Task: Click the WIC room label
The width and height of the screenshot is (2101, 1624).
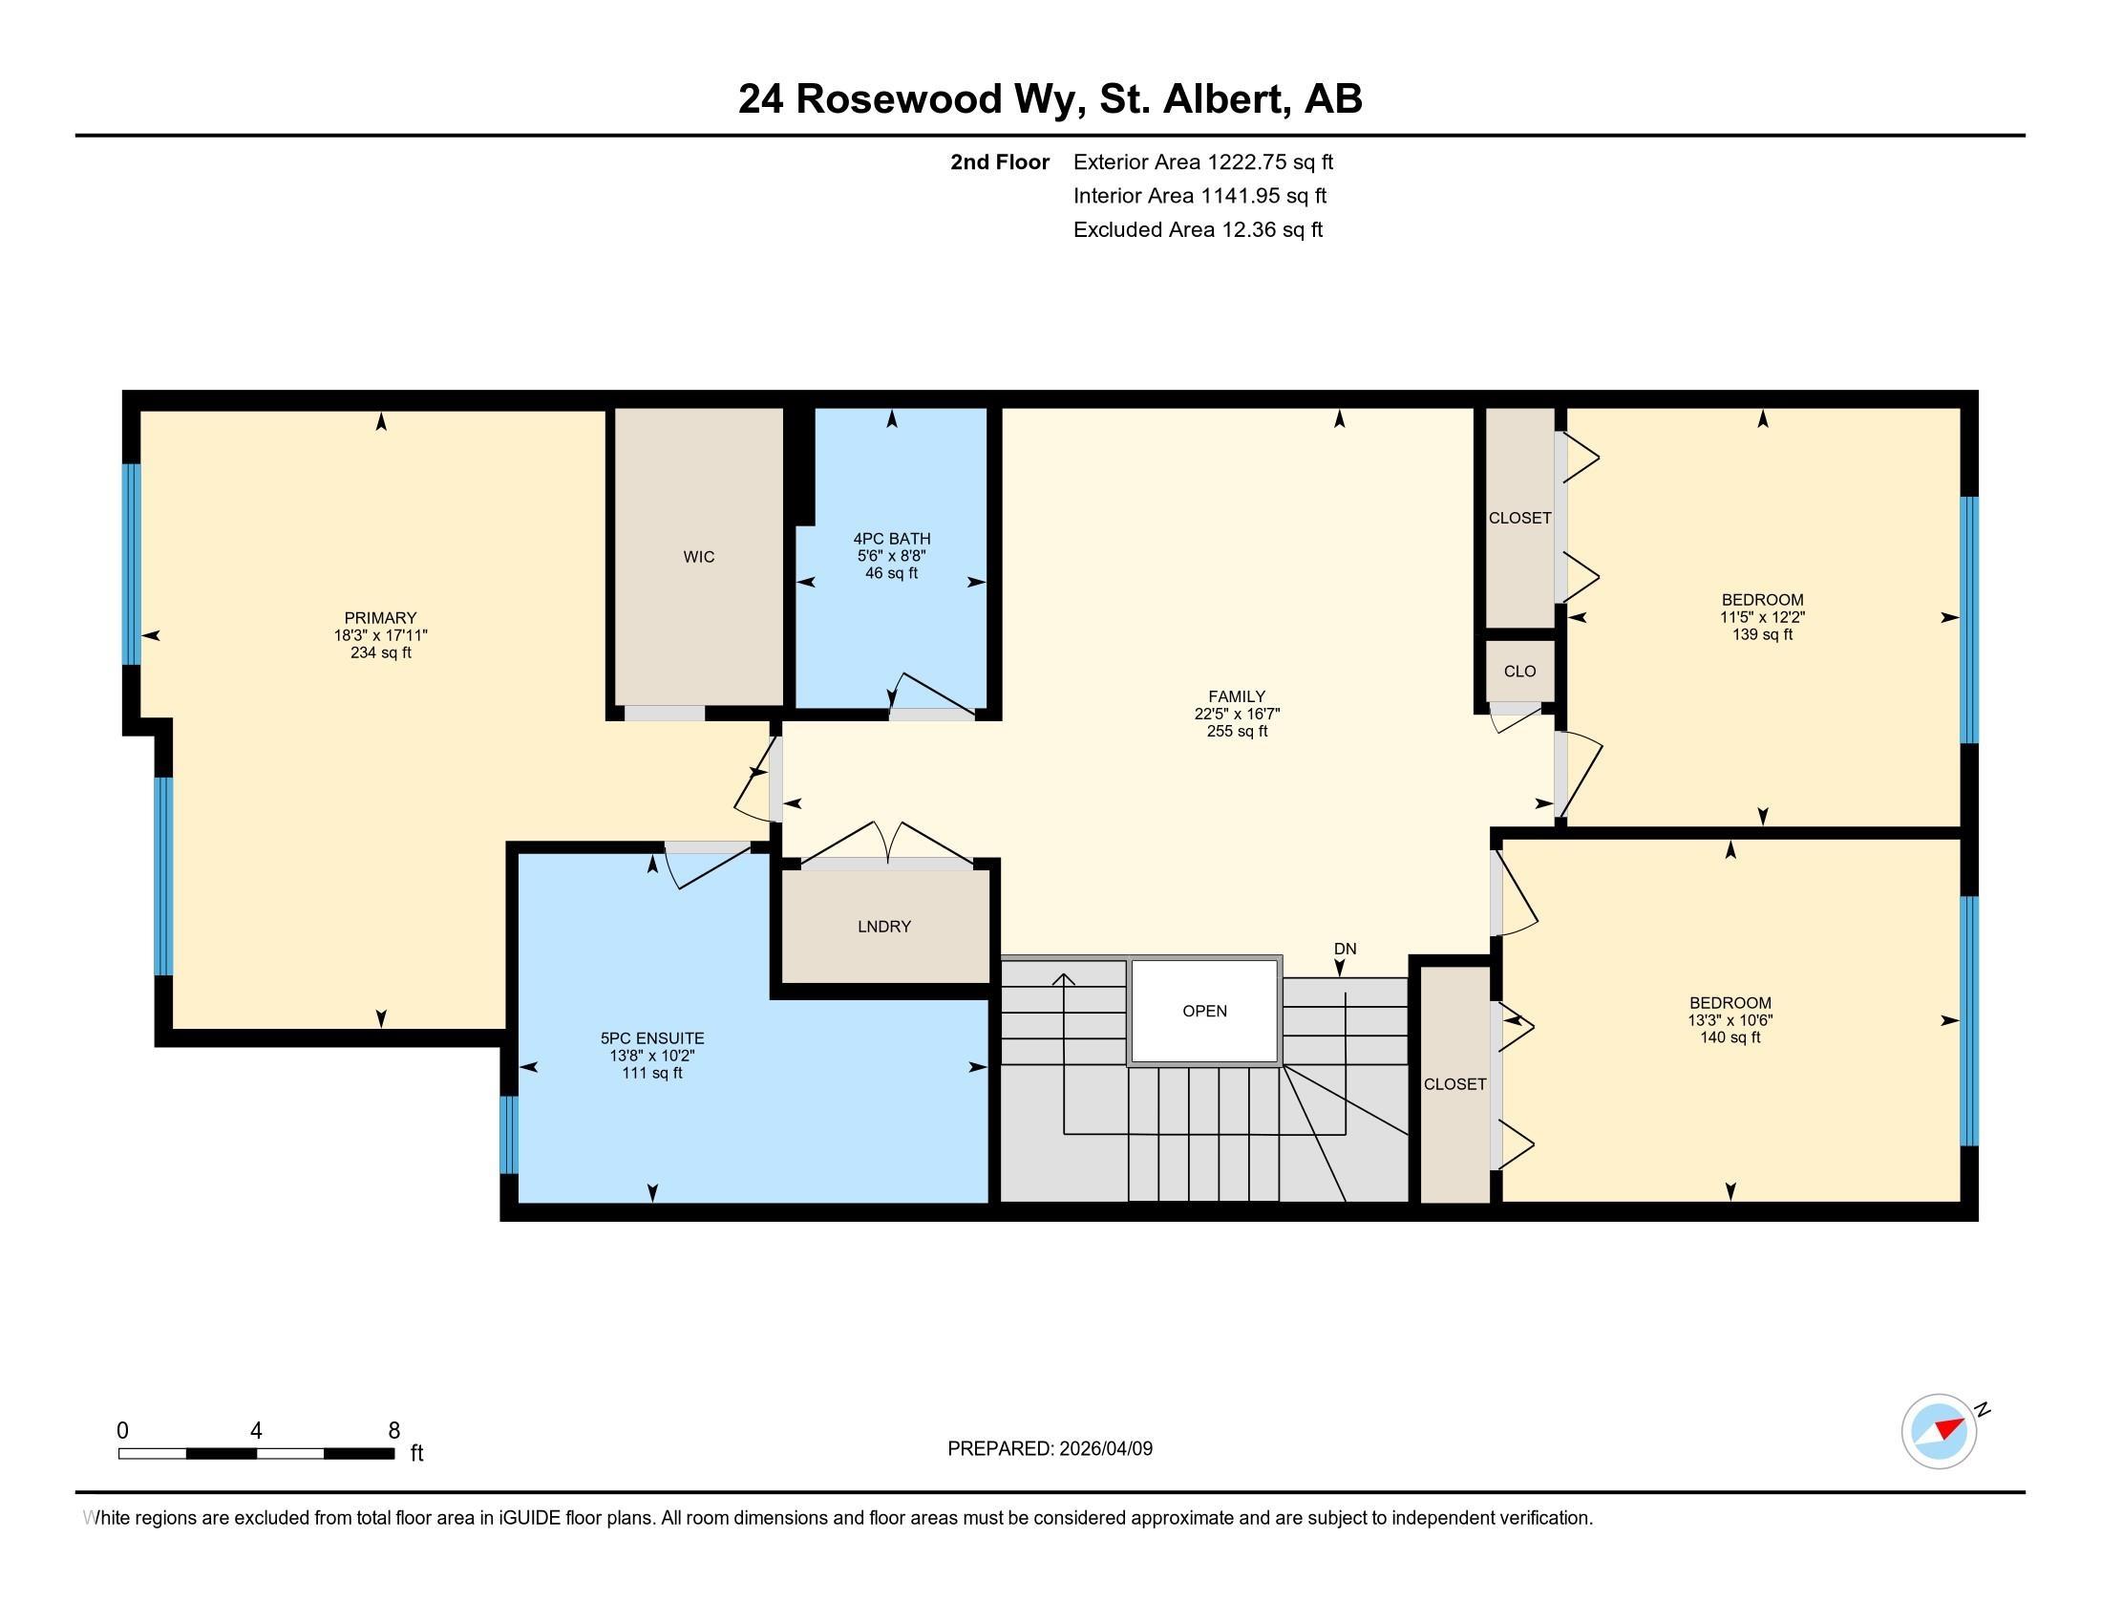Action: (698, 557)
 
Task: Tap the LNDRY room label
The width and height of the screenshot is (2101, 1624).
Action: (883, 927)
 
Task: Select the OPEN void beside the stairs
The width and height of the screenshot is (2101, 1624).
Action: (1204, 1011)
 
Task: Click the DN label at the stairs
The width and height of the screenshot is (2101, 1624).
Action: (1345, 949)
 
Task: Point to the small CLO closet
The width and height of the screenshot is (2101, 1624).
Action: (1519, 672)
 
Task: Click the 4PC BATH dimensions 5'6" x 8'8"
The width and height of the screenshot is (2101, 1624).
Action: (891, 556)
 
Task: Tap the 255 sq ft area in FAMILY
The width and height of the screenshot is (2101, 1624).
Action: (1237, 731)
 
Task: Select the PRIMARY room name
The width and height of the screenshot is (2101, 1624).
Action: (380, 618)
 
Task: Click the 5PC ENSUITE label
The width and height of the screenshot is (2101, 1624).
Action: (652, 1038)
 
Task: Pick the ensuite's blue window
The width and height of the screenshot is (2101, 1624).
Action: (509, 1134)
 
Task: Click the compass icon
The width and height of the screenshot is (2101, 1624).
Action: (1939, 1431)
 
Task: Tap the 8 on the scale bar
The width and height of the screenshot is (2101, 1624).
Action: (393, 1431)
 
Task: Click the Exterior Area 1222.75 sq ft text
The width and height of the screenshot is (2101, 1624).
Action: (1202, 162)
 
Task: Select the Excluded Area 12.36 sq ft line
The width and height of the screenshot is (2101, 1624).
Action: (1198, 230)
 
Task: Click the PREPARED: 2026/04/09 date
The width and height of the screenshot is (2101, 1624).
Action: (1050, 1449)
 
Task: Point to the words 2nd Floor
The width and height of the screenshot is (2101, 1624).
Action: (1000, 162)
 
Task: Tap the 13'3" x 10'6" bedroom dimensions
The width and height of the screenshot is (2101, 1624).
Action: (1730, 1020)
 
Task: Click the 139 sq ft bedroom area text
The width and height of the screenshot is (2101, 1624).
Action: (1762, 635)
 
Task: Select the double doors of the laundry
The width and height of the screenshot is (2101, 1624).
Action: (887, 846)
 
